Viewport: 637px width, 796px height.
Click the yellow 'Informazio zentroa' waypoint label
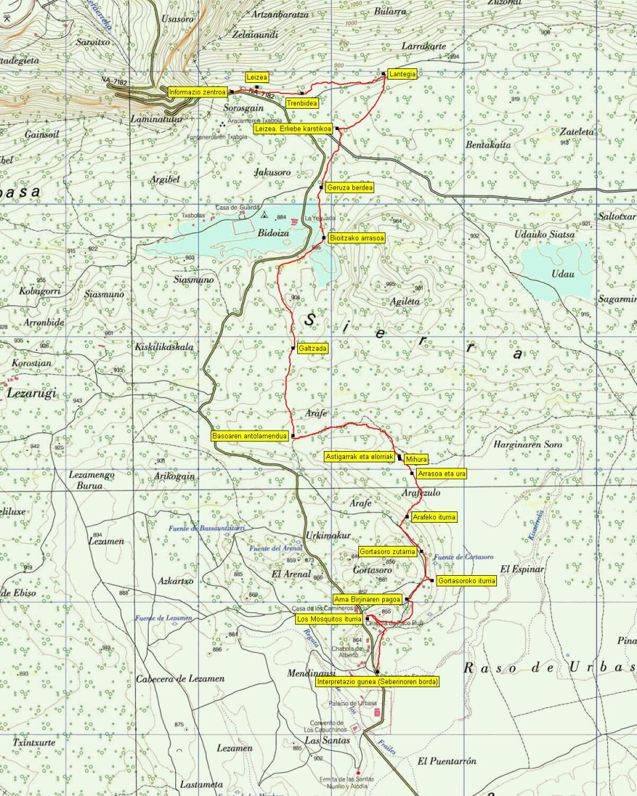coord(198,92)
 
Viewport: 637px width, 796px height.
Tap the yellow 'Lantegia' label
coord(403,74)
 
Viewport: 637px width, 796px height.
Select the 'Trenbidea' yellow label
coord(302,103)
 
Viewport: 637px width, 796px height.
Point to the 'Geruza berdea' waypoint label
coord(350,188)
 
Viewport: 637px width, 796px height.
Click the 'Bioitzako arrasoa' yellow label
coord(357,237)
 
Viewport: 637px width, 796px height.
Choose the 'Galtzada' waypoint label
coord(313,348)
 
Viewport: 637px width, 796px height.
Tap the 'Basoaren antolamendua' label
coord(249,436)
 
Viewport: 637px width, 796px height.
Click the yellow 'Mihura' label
coord(416,459)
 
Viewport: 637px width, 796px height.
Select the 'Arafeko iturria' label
coord(435,517)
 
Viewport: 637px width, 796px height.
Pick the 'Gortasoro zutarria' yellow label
coord(388,551)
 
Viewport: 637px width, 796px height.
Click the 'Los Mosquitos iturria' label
coord(328,619)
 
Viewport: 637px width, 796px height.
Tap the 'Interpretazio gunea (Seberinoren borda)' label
coord(377,681)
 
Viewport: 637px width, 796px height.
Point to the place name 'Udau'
coord(555,273)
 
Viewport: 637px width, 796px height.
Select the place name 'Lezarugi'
coord(32,393)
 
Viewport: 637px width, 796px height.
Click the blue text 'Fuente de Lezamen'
coord(163,618)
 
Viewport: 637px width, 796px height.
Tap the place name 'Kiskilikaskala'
coord(164,346)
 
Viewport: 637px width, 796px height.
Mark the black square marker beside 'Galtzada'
coord(293,348)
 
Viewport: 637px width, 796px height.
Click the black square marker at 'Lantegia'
coord(384,74)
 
